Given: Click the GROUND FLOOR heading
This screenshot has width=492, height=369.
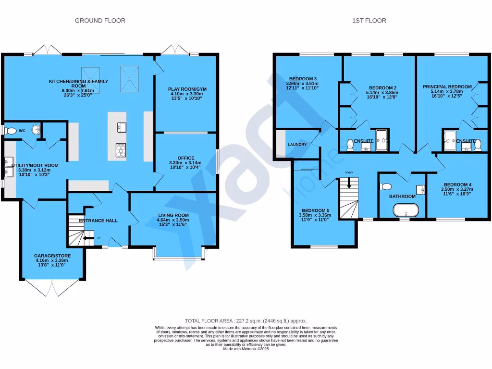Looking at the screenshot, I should [x=100, y=21].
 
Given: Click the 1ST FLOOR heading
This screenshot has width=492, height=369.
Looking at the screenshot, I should [x=369, y=21].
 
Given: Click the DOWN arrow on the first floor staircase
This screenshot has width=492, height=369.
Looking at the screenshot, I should [x=349, y=182].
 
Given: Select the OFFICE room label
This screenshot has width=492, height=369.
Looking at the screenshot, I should [x=185, y=158].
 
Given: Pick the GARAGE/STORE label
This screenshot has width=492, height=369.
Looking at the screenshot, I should [x=50, y=256].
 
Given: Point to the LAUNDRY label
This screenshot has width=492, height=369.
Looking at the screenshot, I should [x=297, y=144].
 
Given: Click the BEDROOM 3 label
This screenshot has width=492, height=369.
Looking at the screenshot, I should [x=303, y=78].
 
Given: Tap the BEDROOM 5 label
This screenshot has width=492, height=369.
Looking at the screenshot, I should [x=315, y=210].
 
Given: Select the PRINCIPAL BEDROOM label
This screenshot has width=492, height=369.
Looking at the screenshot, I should [x=447, y=86].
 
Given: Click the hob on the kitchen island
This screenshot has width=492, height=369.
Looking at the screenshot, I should [x=120, y=150].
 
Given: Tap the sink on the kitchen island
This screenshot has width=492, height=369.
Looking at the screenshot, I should [x=121, y=127].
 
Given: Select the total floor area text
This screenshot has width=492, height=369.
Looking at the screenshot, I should [x=246, y=321].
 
